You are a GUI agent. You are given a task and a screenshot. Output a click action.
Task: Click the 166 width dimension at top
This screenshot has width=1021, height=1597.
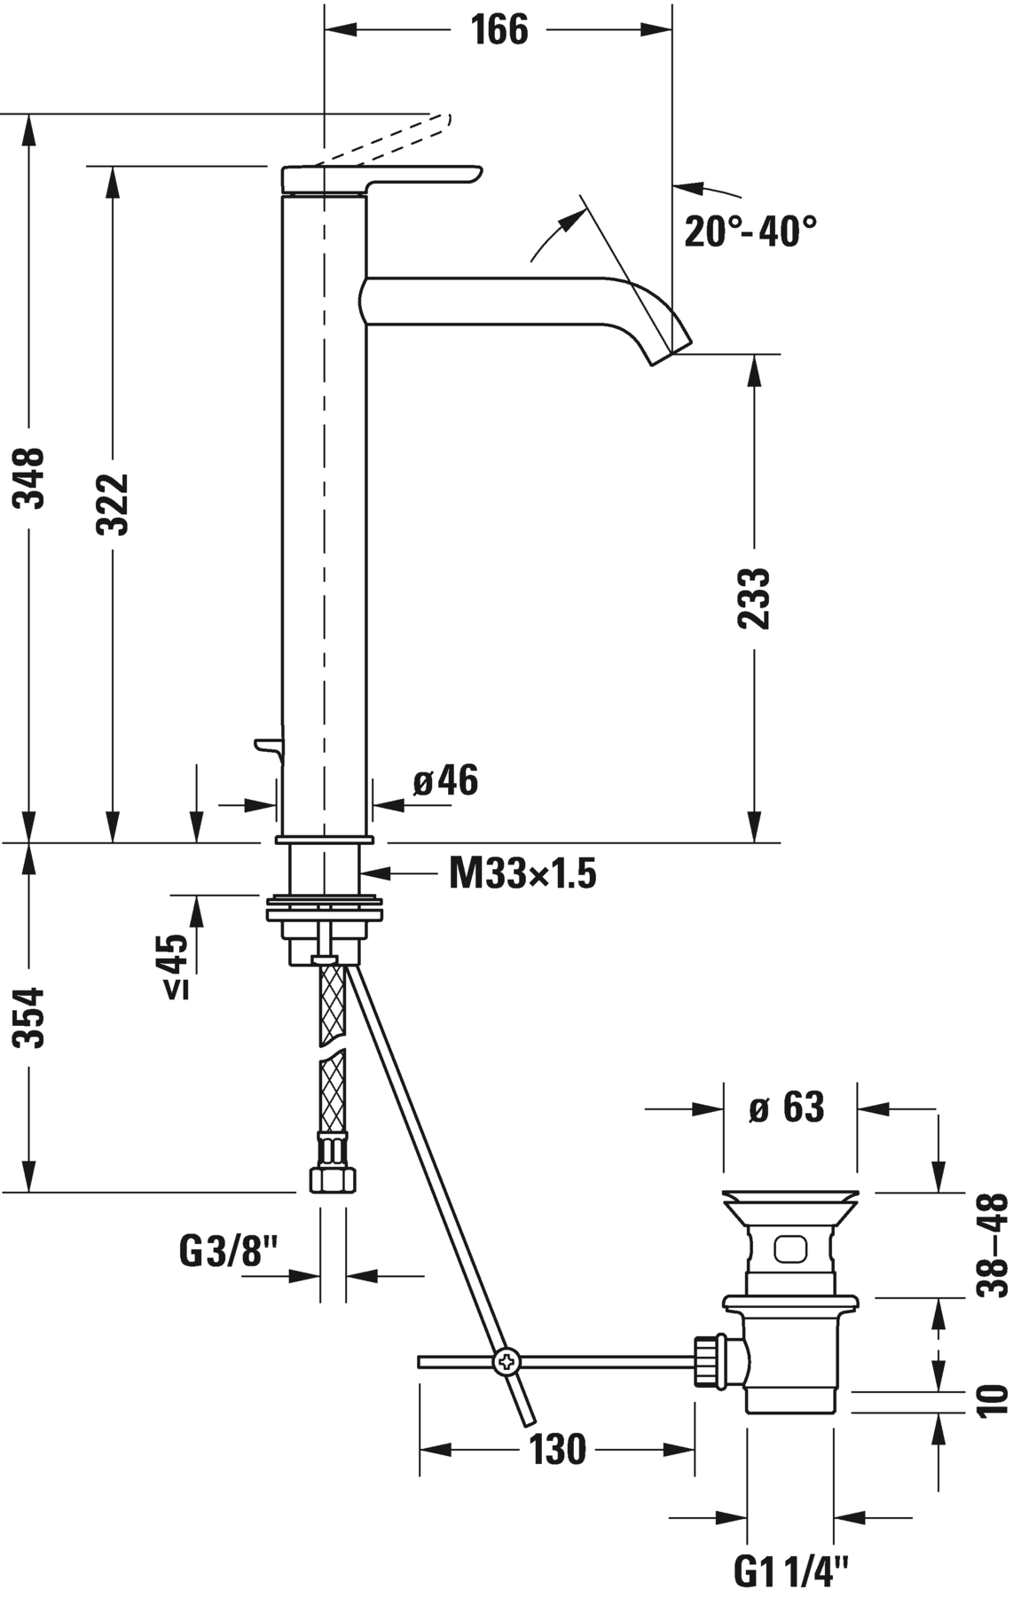(x=499, y=30)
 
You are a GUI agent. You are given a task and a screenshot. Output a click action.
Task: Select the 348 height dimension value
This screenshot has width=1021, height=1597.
(x=32, y=478)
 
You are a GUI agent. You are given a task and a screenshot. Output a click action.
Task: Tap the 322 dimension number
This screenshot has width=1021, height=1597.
(x=113, y=504)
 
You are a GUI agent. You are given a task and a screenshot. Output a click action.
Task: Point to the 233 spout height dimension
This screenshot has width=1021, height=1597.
(x=755, y=599)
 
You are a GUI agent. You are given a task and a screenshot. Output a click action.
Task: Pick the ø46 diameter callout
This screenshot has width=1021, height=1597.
(x=444, y=780)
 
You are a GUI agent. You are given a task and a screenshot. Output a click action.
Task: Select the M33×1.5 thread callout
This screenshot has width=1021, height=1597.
(x=522, y=875)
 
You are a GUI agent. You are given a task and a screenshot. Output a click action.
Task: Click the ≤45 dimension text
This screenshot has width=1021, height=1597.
(x=176, y=967)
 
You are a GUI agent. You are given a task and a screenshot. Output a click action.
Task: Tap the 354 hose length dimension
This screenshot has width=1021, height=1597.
(x=32, y=1017)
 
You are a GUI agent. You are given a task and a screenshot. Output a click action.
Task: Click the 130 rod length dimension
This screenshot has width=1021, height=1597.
(x=558, y=1449)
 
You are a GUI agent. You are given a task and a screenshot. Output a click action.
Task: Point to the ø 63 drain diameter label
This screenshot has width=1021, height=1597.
(x=787, y=1108)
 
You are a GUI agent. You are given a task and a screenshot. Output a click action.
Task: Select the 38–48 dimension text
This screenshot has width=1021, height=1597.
(x=993, y=1245)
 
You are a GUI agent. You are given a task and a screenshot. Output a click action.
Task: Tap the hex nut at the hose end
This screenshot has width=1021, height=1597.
(x=333, y=1180)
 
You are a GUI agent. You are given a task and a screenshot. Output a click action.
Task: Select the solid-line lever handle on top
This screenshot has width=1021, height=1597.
(x=381, y=176)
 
